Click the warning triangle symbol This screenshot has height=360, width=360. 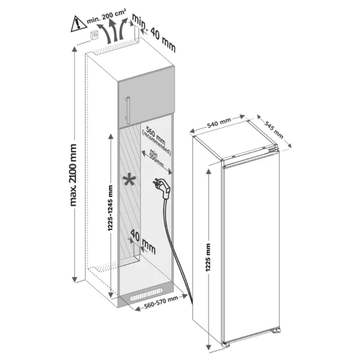tap(79, 23)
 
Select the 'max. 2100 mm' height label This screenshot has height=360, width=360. tap(73, 175)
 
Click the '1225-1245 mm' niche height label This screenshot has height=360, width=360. tap(110, 208)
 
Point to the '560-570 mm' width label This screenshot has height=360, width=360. tap(161, 302)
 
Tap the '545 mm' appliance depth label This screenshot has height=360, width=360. tap(274, 130)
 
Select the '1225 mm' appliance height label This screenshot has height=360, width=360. tap(208, 257)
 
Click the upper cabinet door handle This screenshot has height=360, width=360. tap(127, 110)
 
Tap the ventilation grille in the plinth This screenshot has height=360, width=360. tap(146, 295)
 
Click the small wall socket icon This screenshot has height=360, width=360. tap(95, 35)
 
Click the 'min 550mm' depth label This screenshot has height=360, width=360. tap(157, 158)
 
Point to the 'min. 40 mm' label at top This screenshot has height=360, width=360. tap(154, 32)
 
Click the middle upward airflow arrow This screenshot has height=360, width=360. tap(113, 31)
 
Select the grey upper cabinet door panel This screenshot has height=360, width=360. tap(146, 97)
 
